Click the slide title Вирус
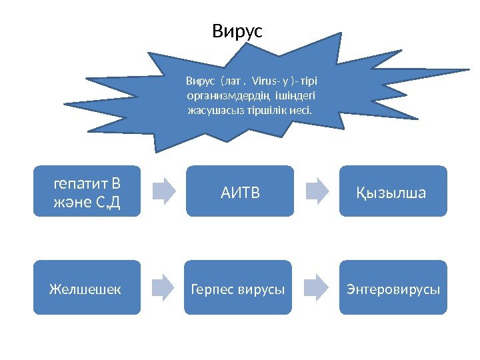tap(238, 31)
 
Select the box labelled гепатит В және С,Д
tap(87, 191)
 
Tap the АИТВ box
tap(240, 191)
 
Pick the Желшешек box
tap(87, 287)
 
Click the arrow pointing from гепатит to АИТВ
tap(163, 191)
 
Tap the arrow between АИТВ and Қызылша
tap(317, 191)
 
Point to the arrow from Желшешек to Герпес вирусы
tap(163, 287)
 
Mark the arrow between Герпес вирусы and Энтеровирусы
tap(317, 287)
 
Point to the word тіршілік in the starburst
tap(258, 109)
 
